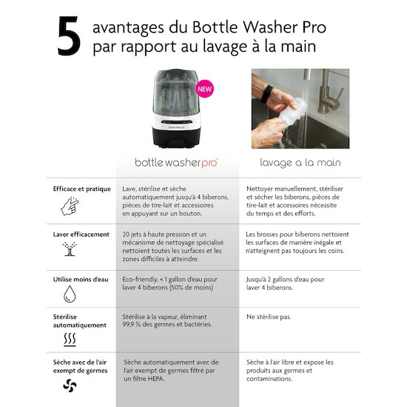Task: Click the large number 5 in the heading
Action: coord(69,36)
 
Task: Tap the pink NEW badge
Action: coord(205,89)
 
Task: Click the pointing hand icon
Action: coord(70,206)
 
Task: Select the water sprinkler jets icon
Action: coord(70,249)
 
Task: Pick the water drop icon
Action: coord(70,294)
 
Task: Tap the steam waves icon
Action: coord(70,340)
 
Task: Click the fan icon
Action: coord(70,386)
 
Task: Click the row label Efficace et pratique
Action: coord(81,189)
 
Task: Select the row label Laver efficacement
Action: coord(81,235)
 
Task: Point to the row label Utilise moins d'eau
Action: coord(81,280)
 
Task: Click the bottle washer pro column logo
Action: coord(176,163)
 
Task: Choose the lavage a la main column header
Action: coord(300,163)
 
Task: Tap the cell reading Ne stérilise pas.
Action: coord(269,317)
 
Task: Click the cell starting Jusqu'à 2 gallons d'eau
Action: coord(285,283)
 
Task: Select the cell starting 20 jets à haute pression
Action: coord(173,246)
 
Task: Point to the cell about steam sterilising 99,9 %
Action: coord(167,320)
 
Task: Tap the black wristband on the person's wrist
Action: coord(266,94)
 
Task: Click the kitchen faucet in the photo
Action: coord(329,92)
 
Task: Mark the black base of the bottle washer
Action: coord(176,138)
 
